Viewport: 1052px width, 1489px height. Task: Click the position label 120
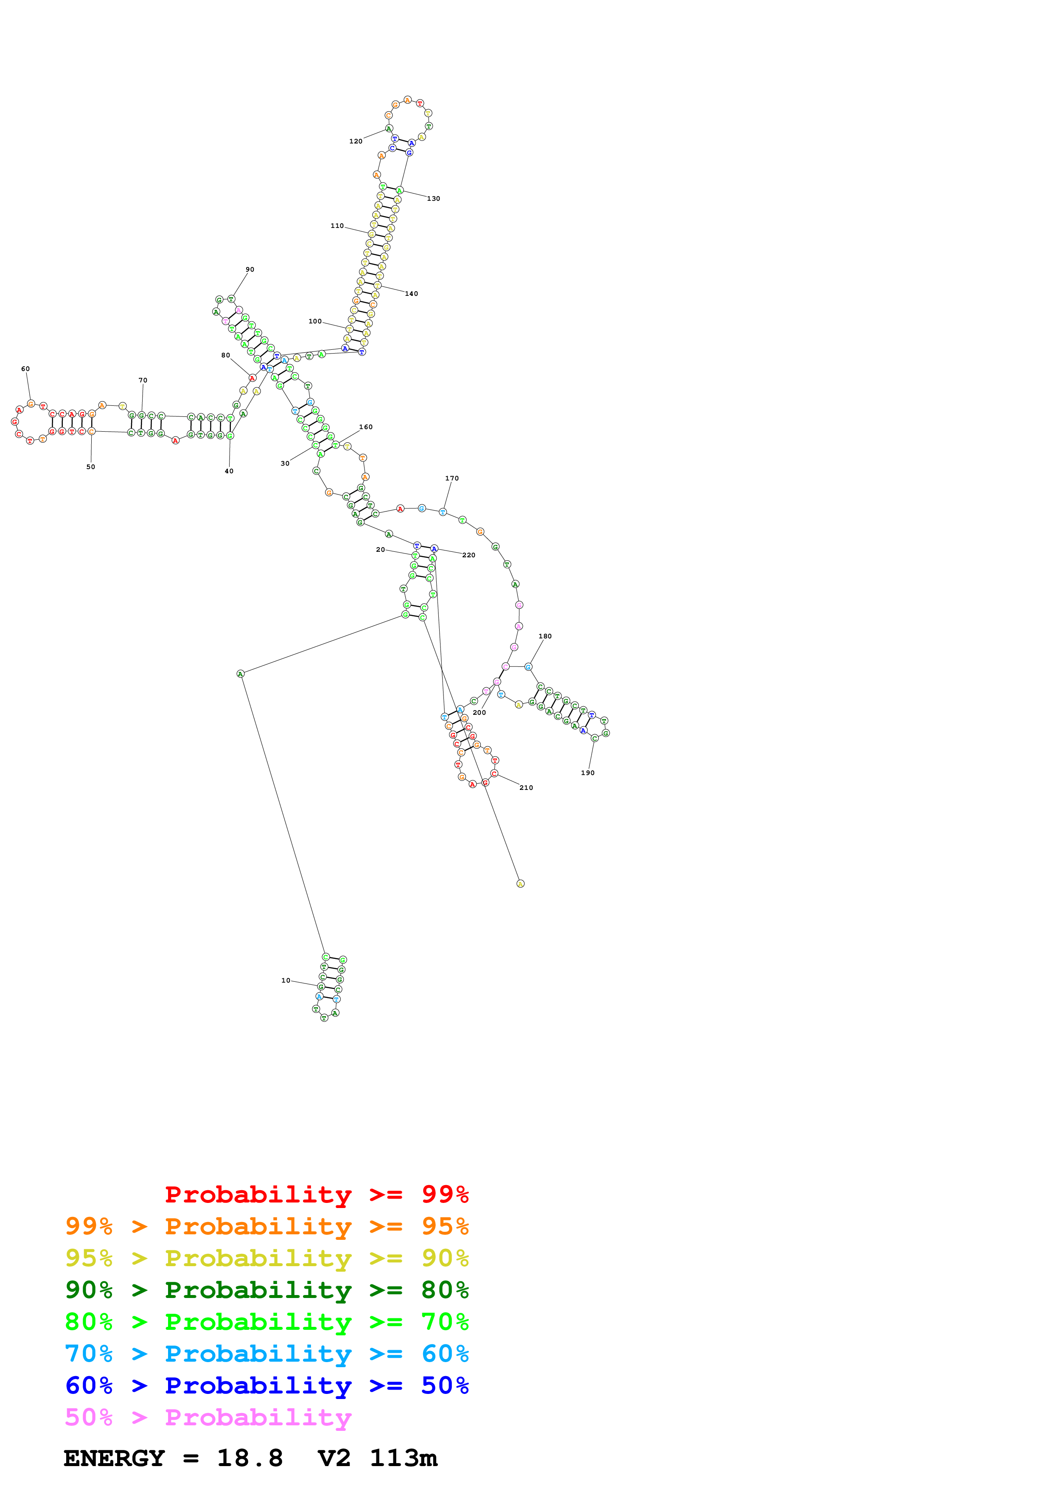[x=356, y=141]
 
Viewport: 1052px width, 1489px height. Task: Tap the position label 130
[x=434, y=199]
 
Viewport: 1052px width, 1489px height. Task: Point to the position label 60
[x=25, y=369]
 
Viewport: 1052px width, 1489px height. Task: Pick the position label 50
[x=91, y=467]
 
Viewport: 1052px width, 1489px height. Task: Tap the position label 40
[x=229, y=472]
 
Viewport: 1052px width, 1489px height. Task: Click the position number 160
[x=365, y=427]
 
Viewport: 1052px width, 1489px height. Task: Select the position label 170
[x=452, y=479]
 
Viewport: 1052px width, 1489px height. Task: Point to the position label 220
[x=468, y=555]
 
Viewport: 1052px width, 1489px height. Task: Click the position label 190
[x=587, y=773]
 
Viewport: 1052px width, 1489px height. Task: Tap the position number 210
[x=526, y=788]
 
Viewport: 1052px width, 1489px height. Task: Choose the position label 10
[x=286, y=980]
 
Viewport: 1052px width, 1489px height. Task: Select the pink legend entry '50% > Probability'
[x=208, y=1417]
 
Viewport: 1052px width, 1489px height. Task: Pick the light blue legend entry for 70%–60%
[x=267, y=1354]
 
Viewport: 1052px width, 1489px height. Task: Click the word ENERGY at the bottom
[x=114, y=1458]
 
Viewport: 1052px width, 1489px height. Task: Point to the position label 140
[x=412, y=294]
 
